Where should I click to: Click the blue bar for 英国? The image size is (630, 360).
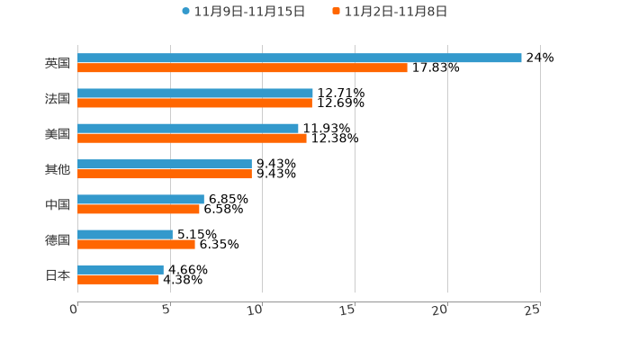(300, 58)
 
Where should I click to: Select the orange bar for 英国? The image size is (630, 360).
(242, 67)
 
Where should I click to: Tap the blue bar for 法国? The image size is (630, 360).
(195, 93)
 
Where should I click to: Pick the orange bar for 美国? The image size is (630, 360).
(192, 139)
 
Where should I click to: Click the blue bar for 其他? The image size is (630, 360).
(165, 164)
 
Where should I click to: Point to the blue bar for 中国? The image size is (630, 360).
(140, 199)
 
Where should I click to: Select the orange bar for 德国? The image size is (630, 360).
(136, 244)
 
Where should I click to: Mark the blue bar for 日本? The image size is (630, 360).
(121, 269)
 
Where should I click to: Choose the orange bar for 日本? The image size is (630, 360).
(118, 279)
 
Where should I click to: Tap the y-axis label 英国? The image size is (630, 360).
(58, 63)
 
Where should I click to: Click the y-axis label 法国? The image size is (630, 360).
(58, 98)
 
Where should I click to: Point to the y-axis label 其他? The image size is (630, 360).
(58, 169)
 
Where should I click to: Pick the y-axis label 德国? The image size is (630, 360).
(58, 239)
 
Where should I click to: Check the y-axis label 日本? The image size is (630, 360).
(58, 274)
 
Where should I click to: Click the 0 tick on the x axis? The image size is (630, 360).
(75, 310)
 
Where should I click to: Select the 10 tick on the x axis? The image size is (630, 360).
(256, 310)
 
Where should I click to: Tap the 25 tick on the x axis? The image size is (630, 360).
(533, 310)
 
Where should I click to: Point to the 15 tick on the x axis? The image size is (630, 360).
(348, 310)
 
